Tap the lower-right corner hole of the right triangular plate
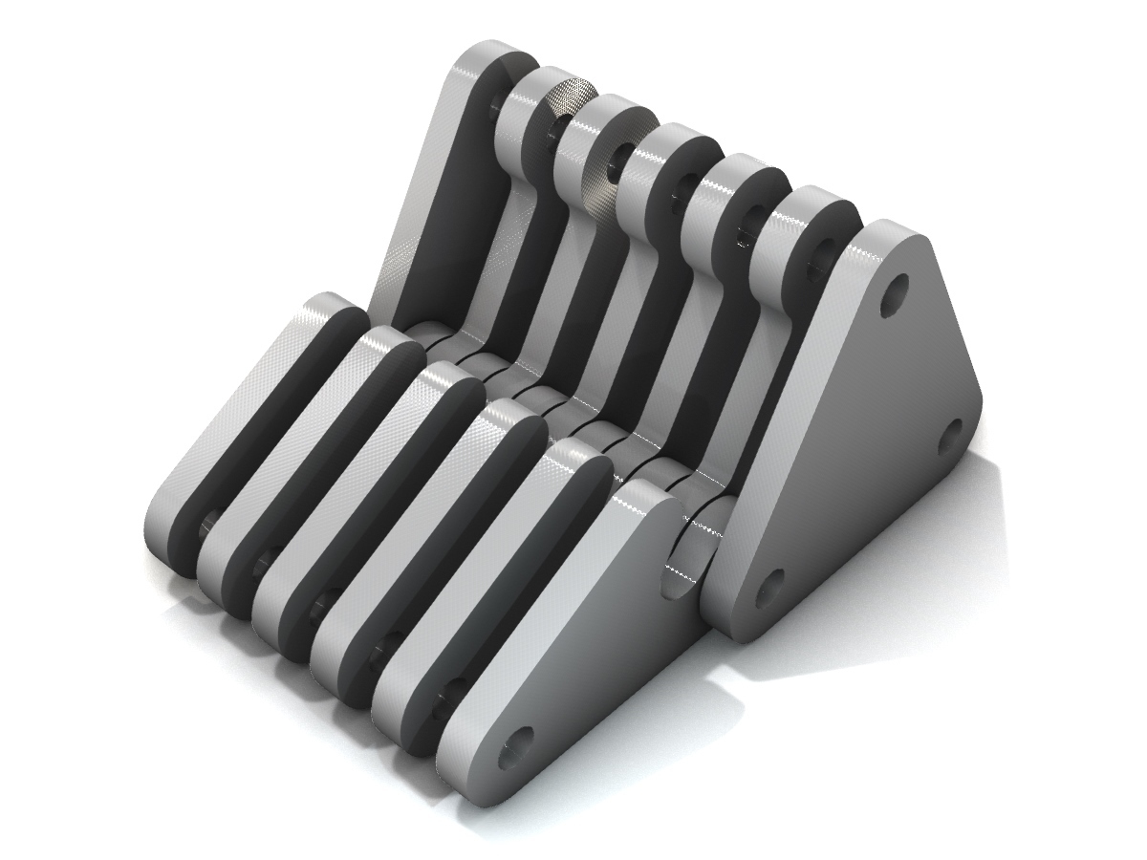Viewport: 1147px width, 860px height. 949,437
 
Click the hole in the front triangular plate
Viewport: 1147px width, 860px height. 516,746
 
